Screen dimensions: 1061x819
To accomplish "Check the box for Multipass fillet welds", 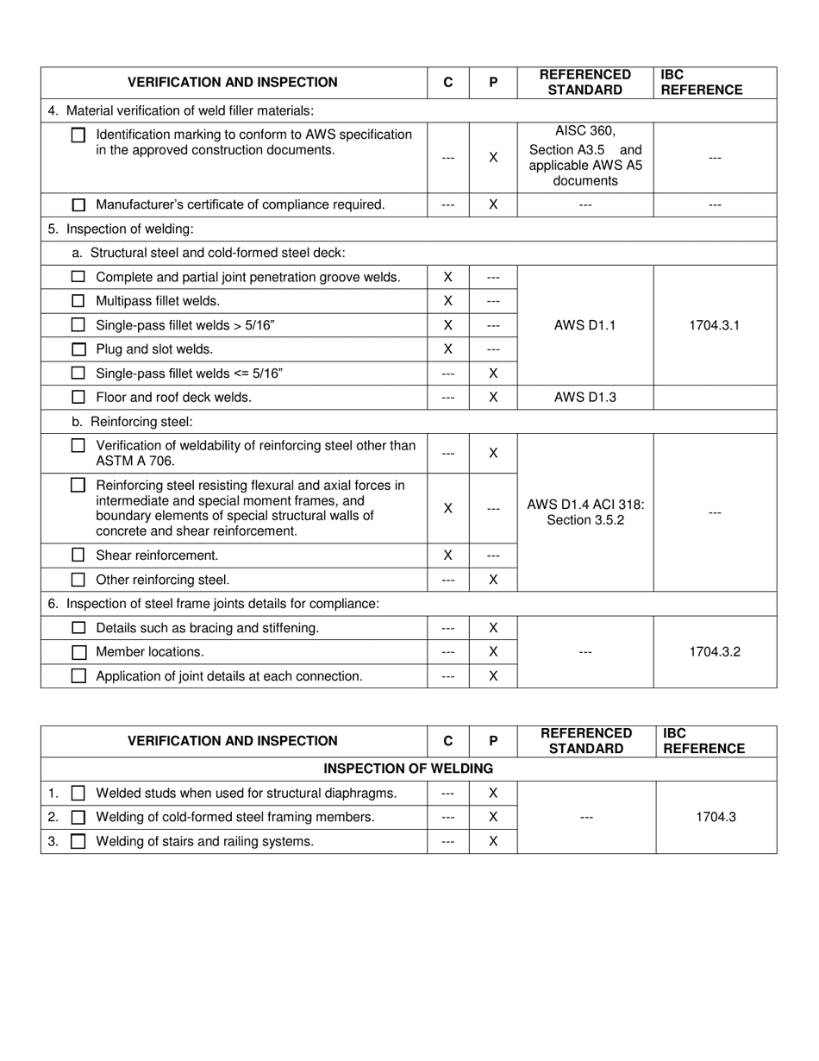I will coord(78,301).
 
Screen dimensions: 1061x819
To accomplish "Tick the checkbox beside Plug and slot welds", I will coord(78,349).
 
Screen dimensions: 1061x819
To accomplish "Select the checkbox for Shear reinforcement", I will coord(78,556).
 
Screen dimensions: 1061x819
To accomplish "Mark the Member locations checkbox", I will coord(78,652).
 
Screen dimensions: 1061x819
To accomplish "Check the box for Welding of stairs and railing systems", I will coord(78,841).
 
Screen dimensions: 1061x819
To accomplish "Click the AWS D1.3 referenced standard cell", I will coord(585,398).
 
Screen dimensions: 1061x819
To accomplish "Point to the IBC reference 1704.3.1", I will coord(714,325).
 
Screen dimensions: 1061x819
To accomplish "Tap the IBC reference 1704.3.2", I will coord(714,652).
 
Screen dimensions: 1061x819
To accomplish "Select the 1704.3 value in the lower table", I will coord(716,817).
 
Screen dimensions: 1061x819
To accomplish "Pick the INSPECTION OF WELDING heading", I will coord(408,769).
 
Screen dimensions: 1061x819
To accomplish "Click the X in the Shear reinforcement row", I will coord(447,556).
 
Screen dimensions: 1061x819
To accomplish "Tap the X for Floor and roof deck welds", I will coord(493,398).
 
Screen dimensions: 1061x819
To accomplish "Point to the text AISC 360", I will coord(585,131).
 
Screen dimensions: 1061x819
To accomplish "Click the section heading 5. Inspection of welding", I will coord(121,229).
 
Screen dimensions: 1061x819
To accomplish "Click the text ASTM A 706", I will coord(135,461).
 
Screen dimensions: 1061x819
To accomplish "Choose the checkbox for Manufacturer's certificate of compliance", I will coord(78,205).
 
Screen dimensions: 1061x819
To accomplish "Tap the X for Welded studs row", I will coord(493,793).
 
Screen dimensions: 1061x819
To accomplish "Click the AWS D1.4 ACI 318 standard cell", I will coord(585,512).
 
